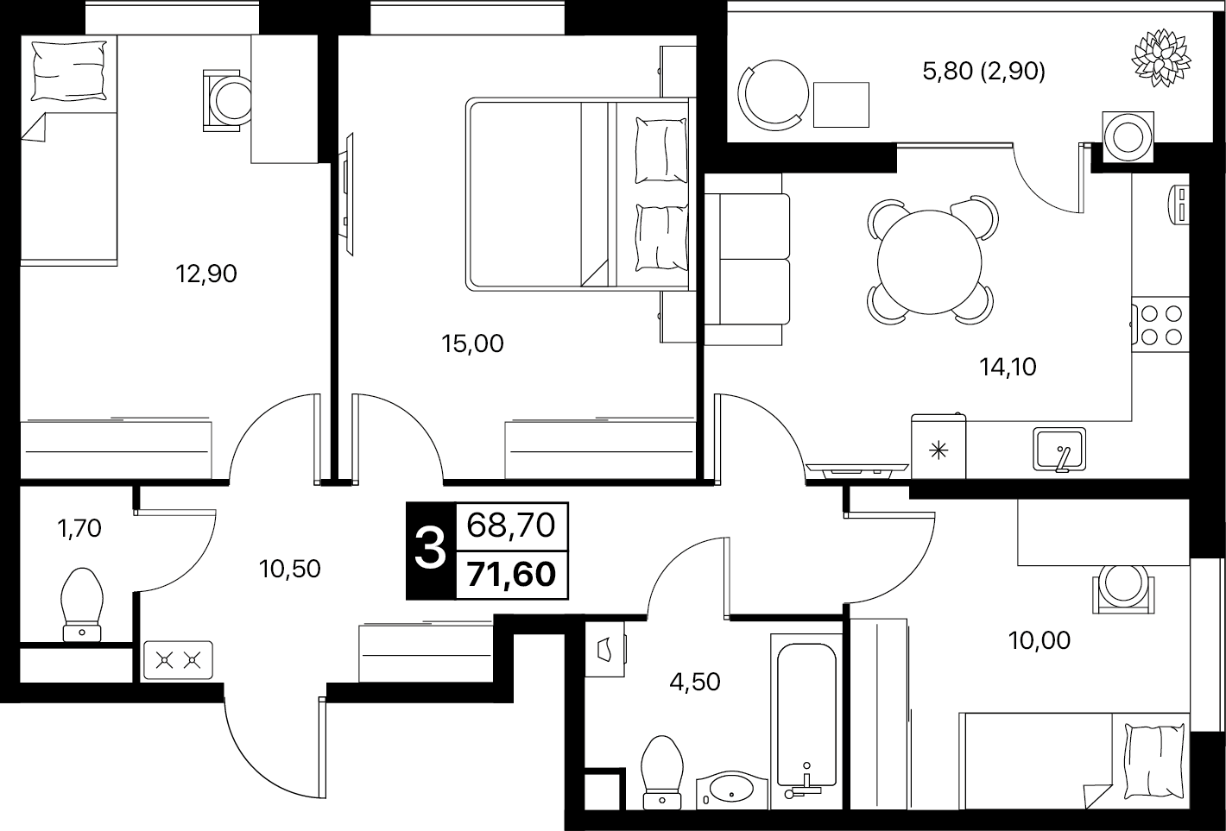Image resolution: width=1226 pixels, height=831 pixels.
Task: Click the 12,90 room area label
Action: tap(205, 274)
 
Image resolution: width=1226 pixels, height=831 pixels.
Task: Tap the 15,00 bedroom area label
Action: tap(472, 344)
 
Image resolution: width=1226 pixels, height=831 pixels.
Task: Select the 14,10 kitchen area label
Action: tap(1008, 367)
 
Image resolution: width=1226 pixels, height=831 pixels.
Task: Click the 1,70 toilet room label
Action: tap(79, 528)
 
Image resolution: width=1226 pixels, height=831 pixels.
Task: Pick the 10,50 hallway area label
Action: tap(289, 569)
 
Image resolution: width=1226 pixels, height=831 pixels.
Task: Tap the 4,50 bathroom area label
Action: tap(694, 683)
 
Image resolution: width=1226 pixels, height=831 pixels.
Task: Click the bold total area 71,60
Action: tap(512, 575)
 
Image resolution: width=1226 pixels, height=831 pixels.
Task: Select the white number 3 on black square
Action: tap(431, 551)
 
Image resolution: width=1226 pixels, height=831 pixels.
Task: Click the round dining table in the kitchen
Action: tap(930, 262)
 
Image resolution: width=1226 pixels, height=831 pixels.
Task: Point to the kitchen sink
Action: tap(1059, 449)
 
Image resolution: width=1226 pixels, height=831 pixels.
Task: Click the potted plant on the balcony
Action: tap(1161, 58)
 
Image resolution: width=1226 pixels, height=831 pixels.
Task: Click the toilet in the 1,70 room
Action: tap(82, 605)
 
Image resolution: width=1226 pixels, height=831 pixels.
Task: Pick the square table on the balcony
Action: tap(841, 104)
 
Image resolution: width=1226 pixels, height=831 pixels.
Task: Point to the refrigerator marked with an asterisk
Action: tap(938, 446)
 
